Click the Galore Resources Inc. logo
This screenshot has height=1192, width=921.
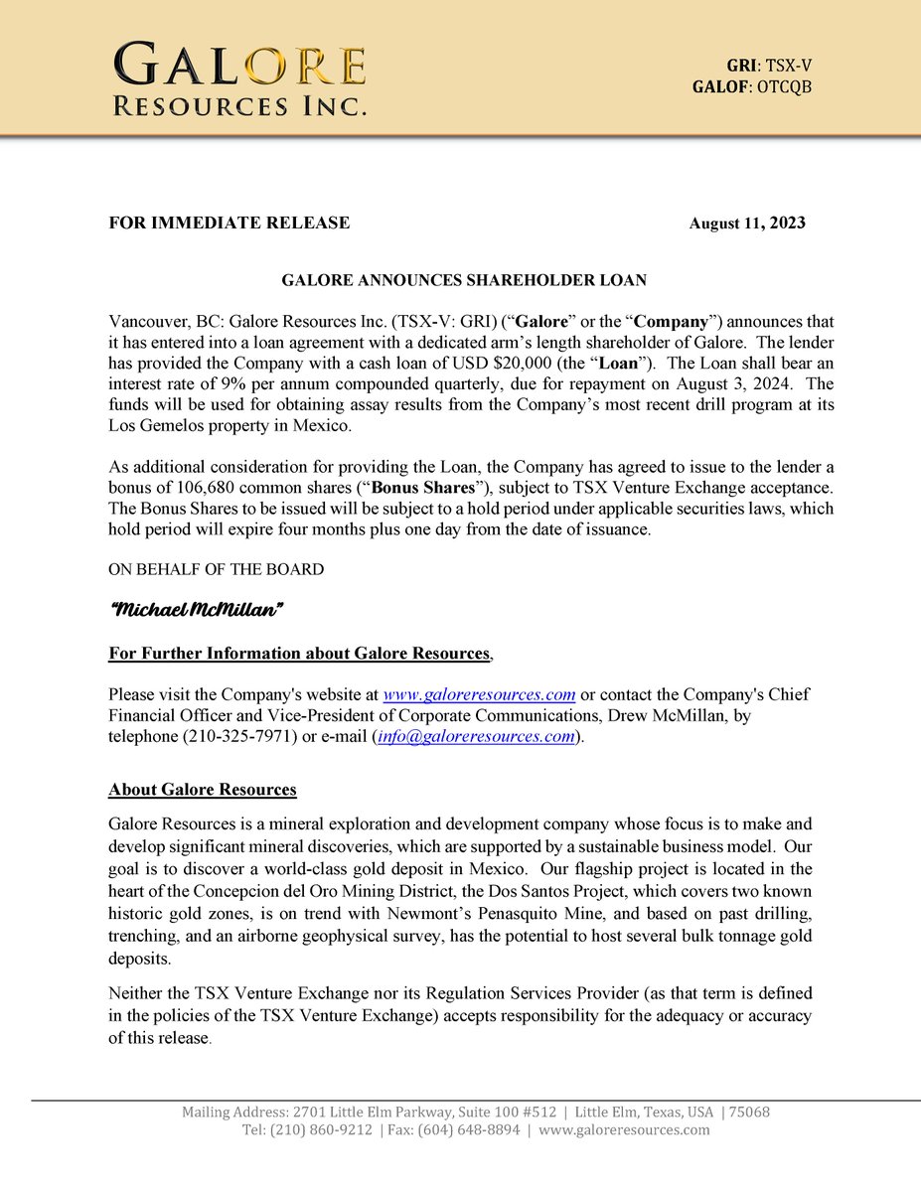pyautogui.click(x=239, y=78)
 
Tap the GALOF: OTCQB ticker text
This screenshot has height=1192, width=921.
pyautogui.click(x=752, y=86)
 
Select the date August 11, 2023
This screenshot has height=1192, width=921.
pyautogui.click(x=747, y=223)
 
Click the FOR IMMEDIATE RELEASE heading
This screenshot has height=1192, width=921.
pyautogui.click(x=230, y=223)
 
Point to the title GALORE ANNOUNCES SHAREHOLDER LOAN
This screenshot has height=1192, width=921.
pyautogui.click(x=464, y=281)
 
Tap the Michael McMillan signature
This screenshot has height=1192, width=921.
pyautogui.click(x=196, y=609)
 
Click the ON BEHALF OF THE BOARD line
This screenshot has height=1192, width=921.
pyautogui.click(x=216, y=569)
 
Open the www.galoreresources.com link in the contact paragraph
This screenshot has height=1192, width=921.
pyautogui.click(x=480, y=693)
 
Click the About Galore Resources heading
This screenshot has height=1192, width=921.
pyautogui.click(x=203, y=790)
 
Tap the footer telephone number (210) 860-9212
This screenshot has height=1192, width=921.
pyautogui.click(x=322, y=1130)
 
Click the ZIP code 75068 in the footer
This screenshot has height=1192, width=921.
pyautogui.click(x=750, y=1113)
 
